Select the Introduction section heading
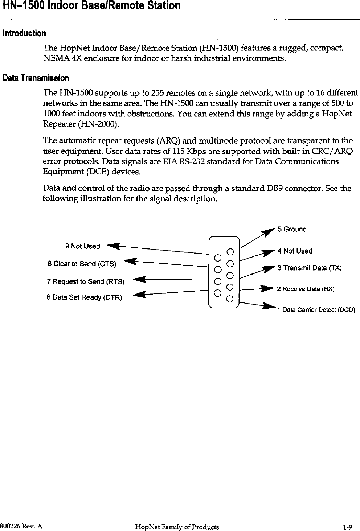tap(24, 34)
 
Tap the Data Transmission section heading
tap(36, 78)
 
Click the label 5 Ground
tap(292, 229)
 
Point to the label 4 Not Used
tap(295, 251)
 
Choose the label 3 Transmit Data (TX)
tap(310, 268)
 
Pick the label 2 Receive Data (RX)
tap(305, 289)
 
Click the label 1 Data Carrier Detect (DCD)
tap(316, 310)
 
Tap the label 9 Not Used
tap(82, 246)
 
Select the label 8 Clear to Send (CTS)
tap(82, 264)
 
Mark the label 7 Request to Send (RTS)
tap(86, 281)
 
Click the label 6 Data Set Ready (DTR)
tap(84, 297)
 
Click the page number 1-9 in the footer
tap(348, 527)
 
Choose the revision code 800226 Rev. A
tap(21, 526)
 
